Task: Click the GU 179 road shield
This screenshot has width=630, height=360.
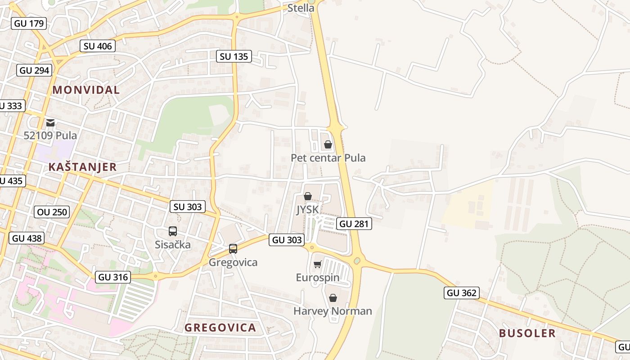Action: tap(29, 23)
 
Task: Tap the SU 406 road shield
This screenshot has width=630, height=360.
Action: tap(98, 46)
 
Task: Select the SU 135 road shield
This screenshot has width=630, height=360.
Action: tap(234, 56)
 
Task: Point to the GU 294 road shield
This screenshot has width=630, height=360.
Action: tap(35, 70)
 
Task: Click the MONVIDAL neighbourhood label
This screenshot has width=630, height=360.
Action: tap(86, 90)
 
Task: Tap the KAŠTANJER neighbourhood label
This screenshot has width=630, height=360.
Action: tap(82, 167)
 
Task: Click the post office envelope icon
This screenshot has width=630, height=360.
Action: tap(50, 122)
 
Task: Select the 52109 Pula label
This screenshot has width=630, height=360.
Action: tap(50, 135)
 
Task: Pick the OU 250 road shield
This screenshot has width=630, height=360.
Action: tap(52, 211)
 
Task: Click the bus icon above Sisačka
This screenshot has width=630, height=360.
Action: tap(173, 231)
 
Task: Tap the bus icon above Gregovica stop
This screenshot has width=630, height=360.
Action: tap(233, 248)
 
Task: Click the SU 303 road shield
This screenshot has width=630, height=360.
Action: tap(188, 207)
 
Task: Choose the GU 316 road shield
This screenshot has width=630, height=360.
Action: tap(113, 277)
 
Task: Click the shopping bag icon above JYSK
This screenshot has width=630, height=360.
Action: tap(308, 196)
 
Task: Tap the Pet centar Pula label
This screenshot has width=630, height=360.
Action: tap(328, 158)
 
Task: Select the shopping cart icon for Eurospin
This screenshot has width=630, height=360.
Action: tap(318, 264)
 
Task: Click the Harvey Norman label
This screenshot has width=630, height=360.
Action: tap(333, 311)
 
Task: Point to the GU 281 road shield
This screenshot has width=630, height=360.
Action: tap(354, 224)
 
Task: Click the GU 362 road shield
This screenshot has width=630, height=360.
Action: tap(462, 293)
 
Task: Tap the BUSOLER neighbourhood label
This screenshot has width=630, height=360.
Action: tap(527, 333)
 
